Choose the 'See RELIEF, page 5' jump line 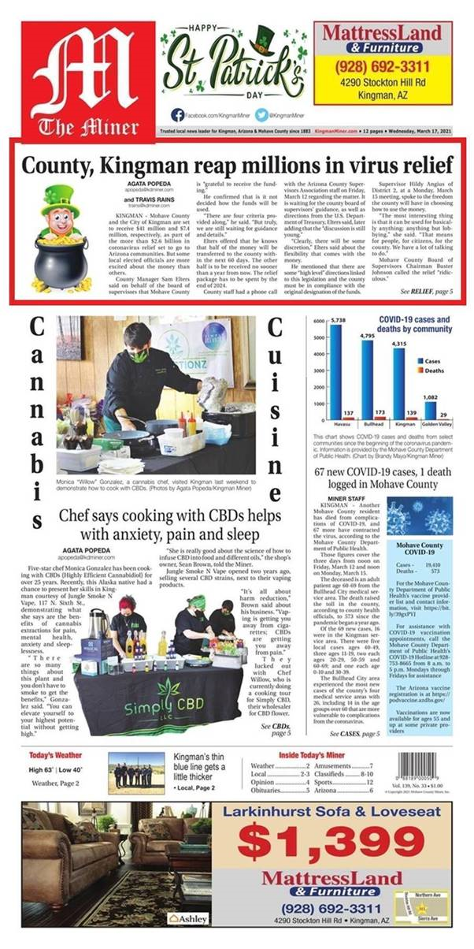426,314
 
